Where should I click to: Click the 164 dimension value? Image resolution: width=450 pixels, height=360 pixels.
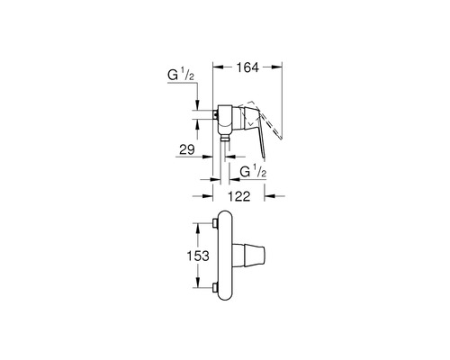tap(247, 67)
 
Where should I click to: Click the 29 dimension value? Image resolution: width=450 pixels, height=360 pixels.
tap(187, 149)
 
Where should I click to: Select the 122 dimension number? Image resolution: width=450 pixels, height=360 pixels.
tap(238, 196)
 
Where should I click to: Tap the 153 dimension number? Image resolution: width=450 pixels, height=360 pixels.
tap(198, 256)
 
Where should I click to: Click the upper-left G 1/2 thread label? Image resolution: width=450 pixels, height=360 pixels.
tap(181, 75)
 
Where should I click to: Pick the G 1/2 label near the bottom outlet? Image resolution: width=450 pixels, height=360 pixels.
tap(254, 172)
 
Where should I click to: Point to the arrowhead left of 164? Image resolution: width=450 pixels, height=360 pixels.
tap(219, 67)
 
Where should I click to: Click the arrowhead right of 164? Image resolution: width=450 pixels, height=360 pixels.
tap(277, 67)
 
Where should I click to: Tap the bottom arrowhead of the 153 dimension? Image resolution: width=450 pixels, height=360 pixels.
tap(197, 282)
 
